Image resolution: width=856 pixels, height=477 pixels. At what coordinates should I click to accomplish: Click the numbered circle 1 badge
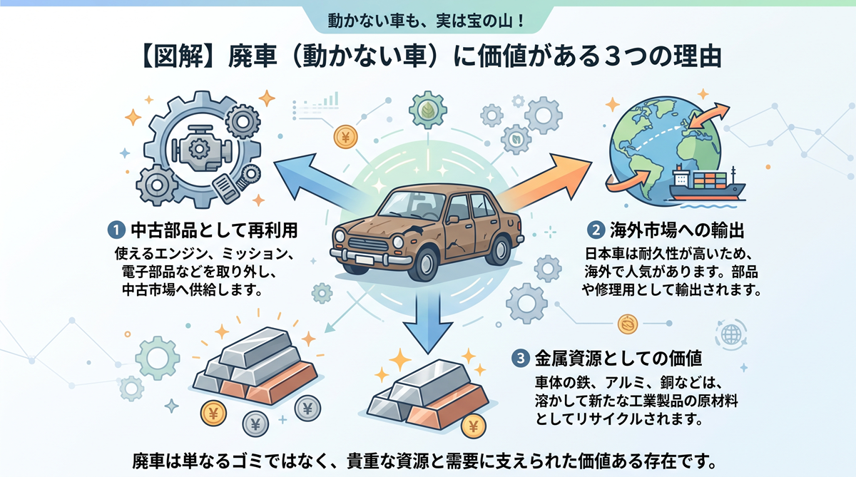(116, 230)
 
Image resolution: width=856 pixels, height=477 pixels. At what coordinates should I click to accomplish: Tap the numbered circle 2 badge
(596, 230)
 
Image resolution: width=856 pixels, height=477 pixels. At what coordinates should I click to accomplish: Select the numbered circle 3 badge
(521, 358)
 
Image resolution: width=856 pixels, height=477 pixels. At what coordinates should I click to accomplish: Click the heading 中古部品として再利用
(215, 230)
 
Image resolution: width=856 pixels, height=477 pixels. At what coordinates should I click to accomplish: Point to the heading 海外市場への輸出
(677, 230)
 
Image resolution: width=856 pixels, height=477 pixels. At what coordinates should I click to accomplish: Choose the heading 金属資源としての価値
(618, 358)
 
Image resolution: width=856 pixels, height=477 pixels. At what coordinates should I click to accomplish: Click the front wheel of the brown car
(424, 265)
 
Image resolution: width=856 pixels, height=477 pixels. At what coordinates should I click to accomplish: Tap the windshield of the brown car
(414, 205)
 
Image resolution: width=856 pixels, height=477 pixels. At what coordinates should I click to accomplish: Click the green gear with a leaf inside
(427, 110)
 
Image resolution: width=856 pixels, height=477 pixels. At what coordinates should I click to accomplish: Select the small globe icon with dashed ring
(731, 335)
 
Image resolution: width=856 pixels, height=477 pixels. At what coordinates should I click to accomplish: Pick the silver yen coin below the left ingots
(255, 424)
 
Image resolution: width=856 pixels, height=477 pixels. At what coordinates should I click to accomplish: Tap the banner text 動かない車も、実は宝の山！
(427, 20)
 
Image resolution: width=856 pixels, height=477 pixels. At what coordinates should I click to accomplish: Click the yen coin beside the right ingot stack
(474, 426)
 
